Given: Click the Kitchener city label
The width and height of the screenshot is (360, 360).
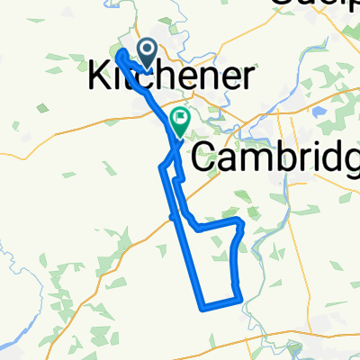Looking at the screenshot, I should coord(169,77).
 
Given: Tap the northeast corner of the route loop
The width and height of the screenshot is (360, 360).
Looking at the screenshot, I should coord(238,220).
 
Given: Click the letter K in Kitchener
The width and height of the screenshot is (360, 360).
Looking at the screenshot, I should coord(100,77).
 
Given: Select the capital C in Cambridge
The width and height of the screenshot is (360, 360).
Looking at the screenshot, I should coord(205,159).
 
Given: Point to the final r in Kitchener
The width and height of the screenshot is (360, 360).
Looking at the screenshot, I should coord(245,77).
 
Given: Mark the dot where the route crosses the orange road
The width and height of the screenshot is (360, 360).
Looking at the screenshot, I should coord(172,216).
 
